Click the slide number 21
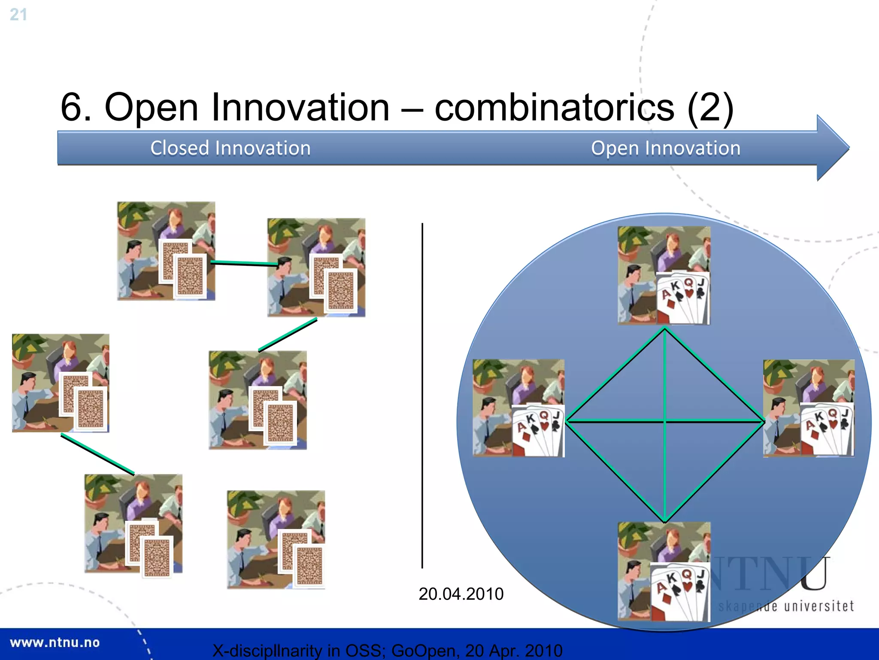(x=18, y=15)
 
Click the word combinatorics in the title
(x=554, y=107)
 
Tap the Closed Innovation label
(x=230, y=148)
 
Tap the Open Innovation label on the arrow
(x=665, y=148)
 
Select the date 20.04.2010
(x=461, y=594)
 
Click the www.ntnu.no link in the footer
(x=55, y=642)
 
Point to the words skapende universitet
(x=785, y=606)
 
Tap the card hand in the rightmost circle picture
(x=827, y=429)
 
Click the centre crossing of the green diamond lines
(x=664, y=421)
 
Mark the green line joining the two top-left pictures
(x=244, y=263)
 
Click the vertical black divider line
(x=422, y=395)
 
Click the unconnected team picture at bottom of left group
(x=276, y=539)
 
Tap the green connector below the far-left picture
(x=98, y=455)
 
